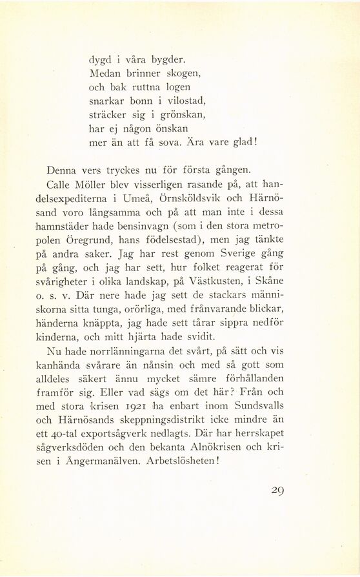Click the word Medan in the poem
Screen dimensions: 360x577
point(104,72)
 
